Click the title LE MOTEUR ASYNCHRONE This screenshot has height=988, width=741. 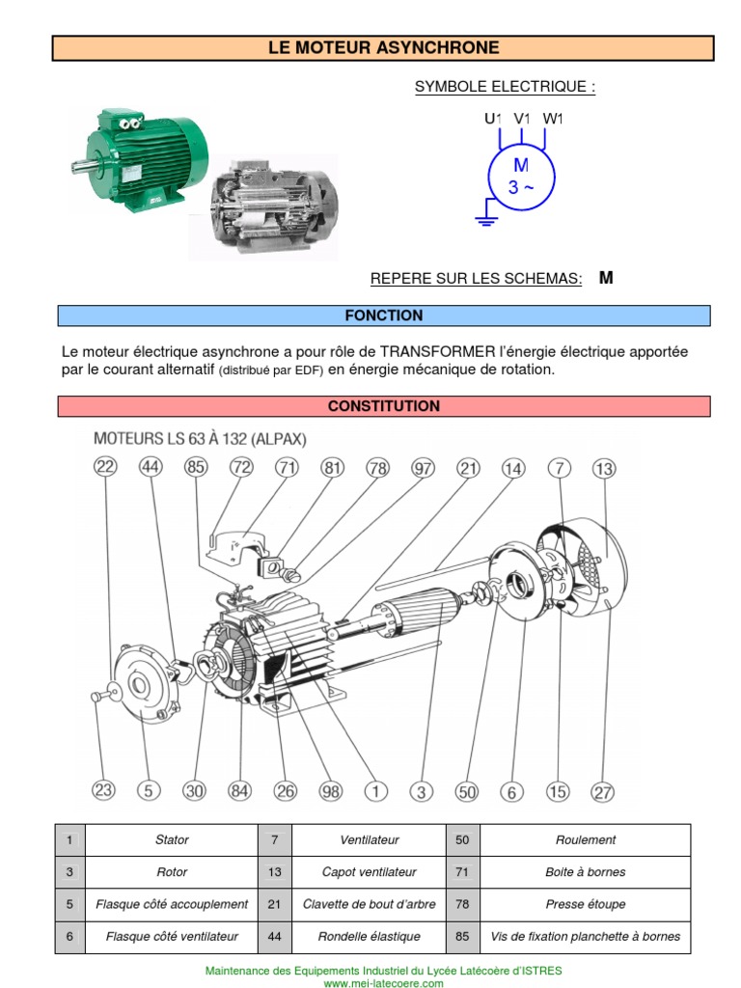pyautogui.click(x=383, y=47)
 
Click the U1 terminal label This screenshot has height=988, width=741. pyautogui.click(x=493, y=119)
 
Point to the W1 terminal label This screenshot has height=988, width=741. pyautogui.click(x=552, y=119)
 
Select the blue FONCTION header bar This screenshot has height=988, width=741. pyautogui.click(x=383, y=316)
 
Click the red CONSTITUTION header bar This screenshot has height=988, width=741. pyautogui.click(x=383, y=406)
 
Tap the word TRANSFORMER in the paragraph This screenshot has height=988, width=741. pyautogui.click(x=439, y=351)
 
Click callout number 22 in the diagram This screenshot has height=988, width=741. pyautogui.click(x=104, y=467)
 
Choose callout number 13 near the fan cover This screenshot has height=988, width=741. pyautogui.click(x=603, y=469)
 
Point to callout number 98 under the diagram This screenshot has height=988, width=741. pyautogui.click(x=330, y=791)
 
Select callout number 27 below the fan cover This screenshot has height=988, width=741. pyautogui.click(x=602, y=792)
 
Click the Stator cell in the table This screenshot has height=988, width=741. pyautogui.click(x=172, y=840)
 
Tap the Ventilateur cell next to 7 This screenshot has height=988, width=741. pyautogui.click(x=369, y=840)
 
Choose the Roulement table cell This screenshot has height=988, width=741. pyautogui.click(x=585, y=840)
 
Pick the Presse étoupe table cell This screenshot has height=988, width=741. pyautogui.click(x=585, y=904)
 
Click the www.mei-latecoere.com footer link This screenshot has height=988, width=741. pyautogui.click(x=383, y=983)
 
